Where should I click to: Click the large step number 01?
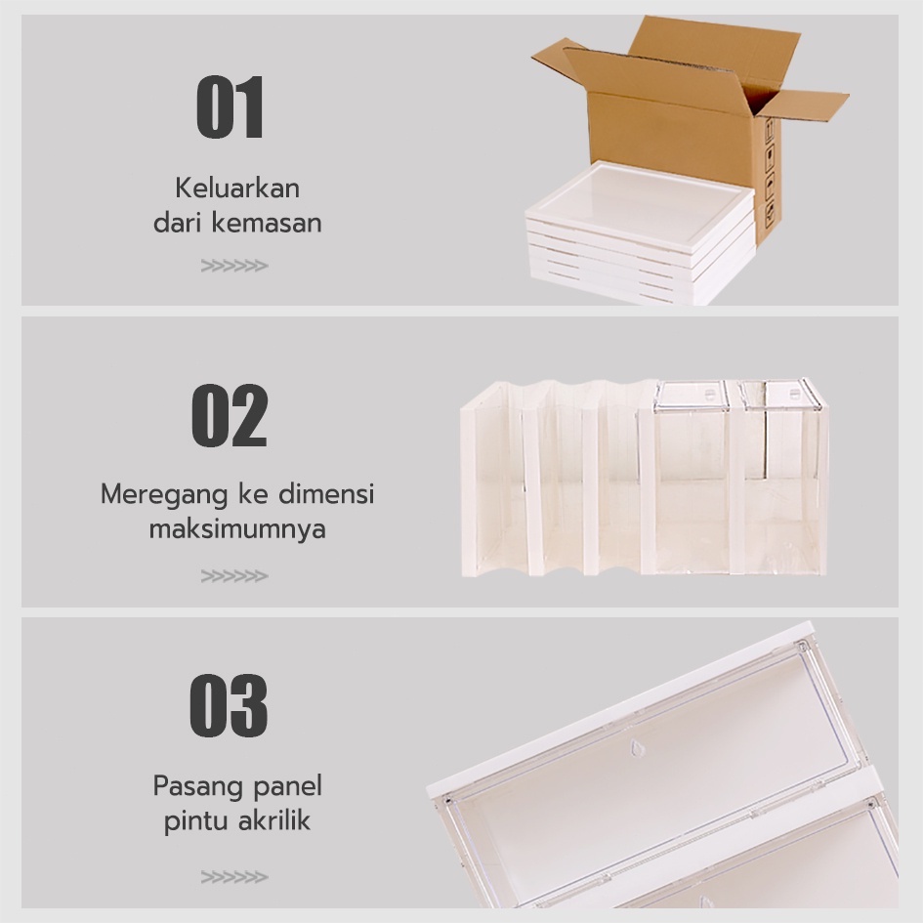pyautogui.click(x=230, y=106)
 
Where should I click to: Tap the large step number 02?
pyautogui.click(x=230, y=415)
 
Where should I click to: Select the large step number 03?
pyautogui.click(x=229, y=705)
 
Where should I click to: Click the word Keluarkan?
pyautogui.click(x=237, y=189)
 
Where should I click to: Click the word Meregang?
pyautogui.click(x=164, y=495)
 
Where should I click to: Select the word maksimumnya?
pyautogui.click(x=237, y=529)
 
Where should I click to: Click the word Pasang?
pyautogui.click(x=191, y=787)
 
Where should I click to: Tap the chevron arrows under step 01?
pyautogui.click(x=234, y=266)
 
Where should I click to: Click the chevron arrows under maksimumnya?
pyautogui.click(x=234, y=575)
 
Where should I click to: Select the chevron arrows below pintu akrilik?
pyautogui.click(x=234, y=877)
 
